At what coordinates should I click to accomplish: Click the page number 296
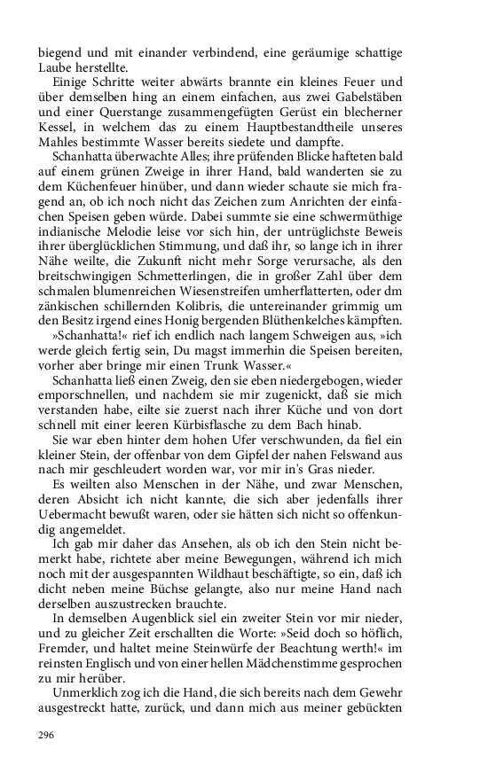pyautogui.click(x=49, y=735)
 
